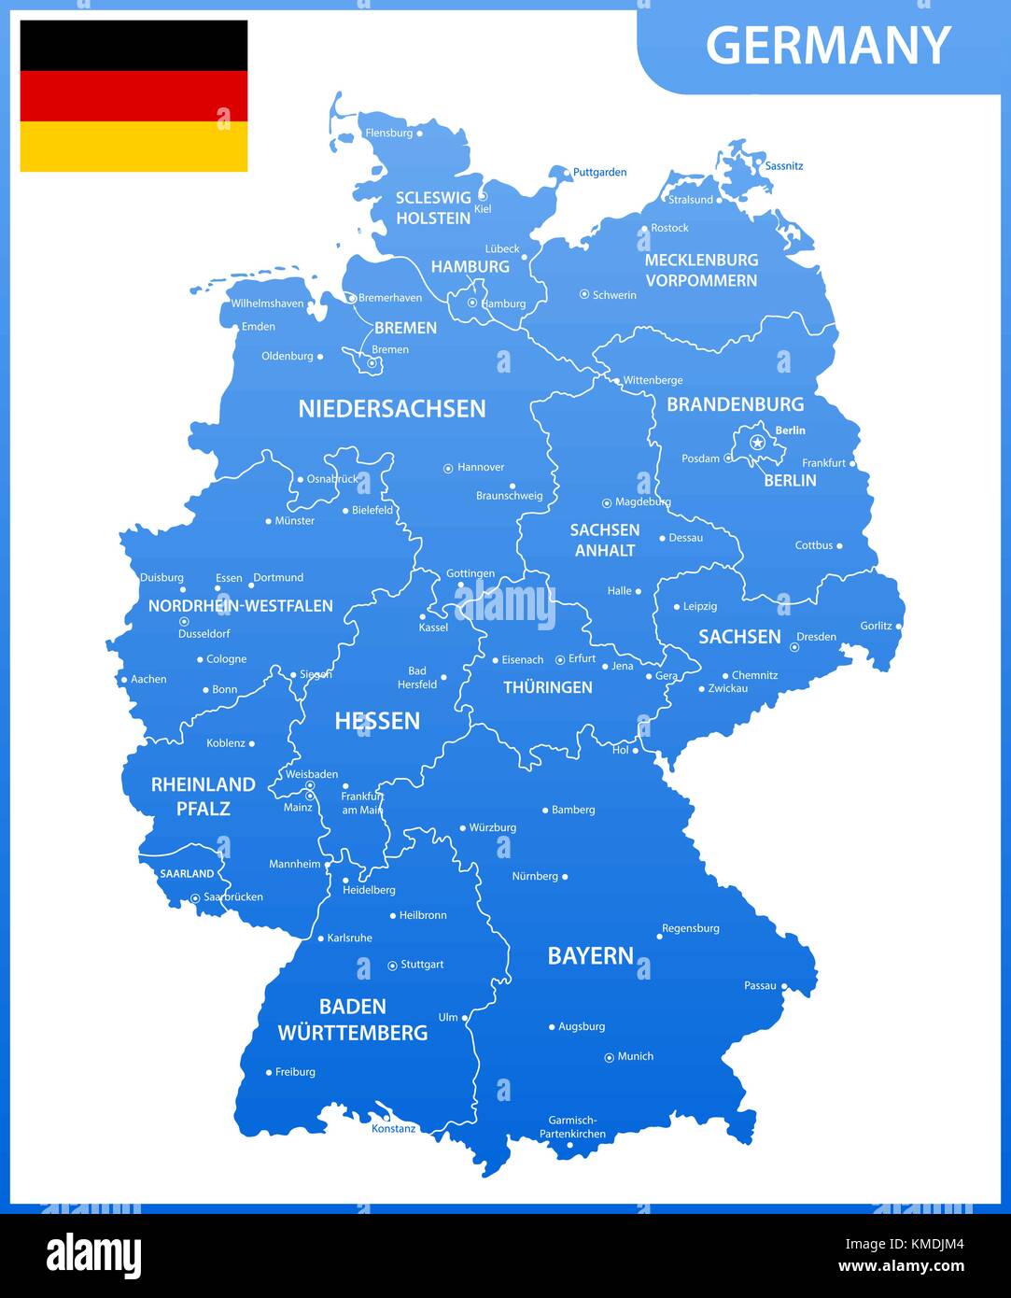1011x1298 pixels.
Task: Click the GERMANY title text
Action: pyautogui.click(x=828, y=45)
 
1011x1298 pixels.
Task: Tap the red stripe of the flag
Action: pyautogui.click(x=133, y=96)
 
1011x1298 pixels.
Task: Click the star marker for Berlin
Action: pyautogui.click(x=757, y=442)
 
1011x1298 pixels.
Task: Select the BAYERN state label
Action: pyautogui.click(x=590, y=955)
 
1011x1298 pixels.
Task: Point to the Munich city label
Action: pyautogui.click(x=635, y=1056)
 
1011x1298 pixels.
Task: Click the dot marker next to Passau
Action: pyautogui.click(x=784, y=986)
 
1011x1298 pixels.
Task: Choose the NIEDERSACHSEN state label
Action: pyautogui.click(x=392, y=408)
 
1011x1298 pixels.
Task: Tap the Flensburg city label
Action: pyautogui.click(x=388, y=133)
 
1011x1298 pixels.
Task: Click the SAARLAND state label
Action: pyautogui.click(x=187, y=874)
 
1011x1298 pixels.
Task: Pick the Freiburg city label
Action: pyautogui.click(x=295, y=1072)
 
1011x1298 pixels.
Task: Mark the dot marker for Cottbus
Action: pyautogui.click(x=839, y=545)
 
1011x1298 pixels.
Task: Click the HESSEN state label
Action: pyautogui.click(x=377, y=720)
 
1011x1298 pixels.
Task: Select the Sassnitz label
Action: pyautogui.click(x=783, y=165)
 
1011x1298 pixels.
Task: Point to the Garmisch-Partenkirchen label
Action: pyautogui.click(x=572, y=1127)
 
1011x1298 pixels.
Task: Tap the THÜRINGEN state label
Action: pyautogui.click(x=548, y=687)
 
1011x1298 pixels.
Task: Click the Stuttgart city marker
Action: pyautogui.click(x=392, y=966)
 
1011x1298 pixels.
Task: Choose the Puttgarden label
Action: pyautogui.click(x=599, y=172)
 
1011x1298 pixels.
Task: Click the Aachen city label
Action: pyautogui.click(x=148, y=679)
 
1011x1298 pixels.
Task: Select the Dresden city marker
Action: pyautogui.click(x=794, y=646)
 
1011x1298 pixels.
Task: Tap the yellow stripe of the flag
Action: pyautogui.click(x=133, y=147)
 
